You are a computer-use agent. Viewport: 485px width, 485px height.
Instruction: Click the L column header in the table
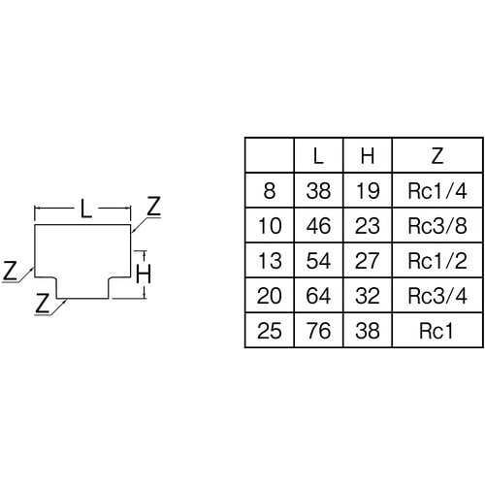tap(318, 156)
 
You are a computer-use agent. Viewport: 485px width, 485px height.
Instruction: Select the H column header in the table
tap(368, 156)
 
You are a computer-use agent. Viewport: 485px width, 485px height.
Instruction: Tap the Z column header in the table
tap(437, 156)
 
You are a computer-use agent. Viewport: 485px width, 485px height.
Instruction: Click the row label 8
tap(270, 191)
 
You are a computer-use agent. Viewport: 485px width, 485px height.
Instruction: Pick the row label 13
tap(270, 261)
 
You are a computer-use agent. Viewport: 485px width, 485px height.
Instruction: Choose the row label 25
tap(270, 331)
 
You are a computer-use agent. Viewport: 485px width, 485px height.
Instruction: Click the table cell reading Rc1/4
tap(437, 191)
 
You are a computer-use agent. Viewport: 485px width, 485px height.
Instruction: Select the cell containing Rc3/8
tap(437, 226)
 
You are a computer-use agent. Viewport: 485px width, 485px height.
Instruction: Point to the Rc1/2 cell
tap(437, 261)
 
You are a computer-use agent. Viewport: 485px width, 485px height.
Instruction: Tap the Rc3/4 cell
tap(437, 296)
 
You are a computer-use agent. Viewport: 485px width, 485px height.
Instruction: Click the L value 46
tap(318, 226)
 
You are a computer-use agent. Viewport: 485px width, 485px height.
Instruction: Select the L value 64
tap(318, 296)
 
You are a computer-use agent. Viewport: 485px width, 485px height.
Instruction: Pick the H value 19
tap(368, 191)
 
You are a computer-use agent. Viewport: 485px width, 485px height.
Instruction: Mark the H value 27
tap(368, 261)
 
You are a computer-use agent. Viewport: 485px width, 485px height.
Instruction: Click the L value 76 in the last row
tap(318, 331)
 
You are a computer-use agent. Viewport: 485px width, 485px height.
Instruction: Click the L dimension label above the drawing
tap(85, 209)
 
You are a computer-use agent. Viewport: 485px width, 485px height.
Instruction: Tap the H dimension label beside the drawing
tap(144, 275)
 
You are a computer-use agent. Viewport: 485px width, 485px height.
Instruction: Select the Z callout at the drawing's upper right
tap(153, 207)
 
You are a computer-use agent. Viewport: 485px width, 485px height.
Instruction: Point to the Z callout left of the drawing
tap(10, 271)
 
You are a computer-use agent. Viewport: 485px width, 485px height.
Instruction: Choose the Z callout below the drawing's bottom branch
tap(43, 303)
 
